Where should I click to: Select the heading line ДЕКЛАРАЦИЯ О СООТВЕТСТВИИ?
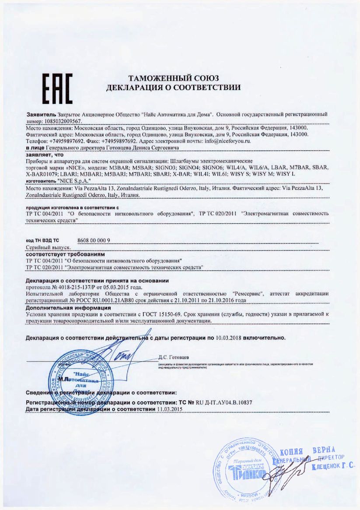[174, 88]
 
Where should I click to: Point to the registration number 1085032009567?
[63, 120]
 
